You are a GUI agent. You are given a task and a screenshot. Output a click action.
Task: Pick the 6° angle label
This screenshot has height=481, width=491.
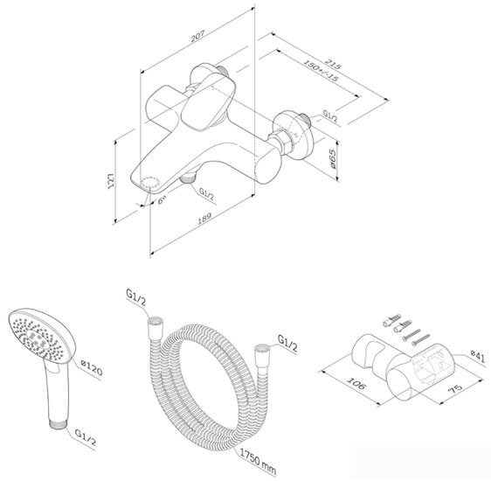(162, 200)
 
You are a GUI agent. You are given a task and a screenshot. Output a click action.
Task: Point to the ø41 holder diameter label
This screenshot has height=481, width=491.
(476, 354)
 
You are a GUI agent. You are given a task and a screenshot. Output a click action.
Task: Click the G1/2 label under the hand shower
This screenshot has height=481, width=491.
(86, 432)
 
